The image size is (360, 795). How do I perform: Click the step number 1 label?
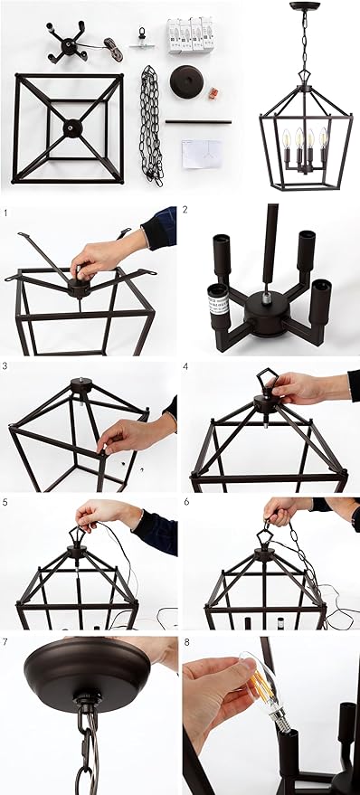5,213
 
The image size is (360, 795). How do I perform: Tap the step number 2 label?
185,210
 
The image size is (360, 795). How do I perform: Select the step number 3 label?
5,365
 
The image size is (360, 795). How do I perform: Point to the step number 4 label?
185,365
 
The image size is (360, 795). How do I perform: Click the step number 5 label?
5,502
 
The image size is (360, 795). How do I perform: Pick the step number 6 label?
186,502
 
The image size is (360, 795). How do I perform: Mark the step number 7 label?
5,642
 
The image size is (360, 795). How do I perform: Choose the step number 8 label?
186,642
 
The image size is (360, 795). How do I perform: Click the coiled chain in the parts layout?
151,125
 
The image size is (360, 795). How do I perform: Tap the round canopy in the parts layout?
187,81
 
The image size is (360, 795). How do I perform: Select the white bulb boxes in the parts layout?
191,34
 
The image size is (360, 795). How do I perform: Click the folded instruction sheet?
202,154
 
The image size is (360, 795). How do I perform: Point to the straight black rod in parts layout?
198,122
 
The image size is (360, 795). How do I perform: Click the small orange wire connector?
213,93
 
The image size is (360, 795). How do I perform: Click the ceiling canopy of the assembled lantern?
305,5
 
